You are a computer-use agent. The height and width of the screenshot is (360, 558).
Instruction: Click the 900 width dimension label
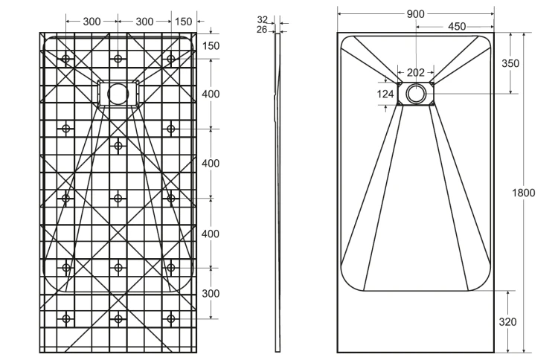coord(415,14)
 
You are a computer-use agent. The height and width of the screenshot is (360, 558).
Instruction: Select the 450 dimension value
coord(457,27)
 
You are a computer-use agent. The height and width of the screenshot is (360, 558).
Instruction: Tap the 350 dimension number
coord(510,63)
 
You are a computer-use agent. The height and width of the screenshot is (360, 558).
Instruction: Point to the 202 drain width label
coord(416,73)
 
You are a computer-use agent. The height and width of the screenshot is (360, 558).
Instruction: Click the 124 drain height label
coord(385,94)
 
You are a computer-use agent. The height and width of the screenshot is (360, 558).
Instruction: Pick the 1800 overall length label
coord(524,193)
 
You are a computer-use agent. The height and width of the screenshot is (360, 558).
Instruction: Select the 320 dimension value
coord(507,322)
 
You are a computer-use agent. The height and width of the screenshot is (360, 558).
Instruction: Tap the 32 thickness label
coord(263,19)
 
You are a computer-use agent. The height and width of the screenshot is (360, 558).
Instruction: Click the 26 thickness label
coord(262,30)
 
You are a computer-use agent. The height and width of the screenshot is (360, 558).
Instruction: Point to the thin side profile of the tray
coord(278,192)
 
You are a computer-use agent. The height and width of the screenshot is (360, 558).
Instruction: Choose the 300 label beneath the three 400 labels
coord(211,294)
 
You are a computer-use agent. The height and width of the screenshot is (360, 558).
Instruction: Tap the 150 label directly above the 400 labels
coord(211,46)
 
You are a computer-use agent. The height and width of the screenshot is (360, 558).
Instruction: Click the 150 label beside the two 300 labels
coord(183,22)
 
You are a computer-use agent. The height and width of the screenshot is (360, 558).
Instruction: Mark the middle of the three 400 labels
coord(211,164)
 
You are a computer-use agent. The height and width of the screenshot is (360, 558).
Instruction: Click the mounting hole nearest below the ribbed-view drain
coord(118,146)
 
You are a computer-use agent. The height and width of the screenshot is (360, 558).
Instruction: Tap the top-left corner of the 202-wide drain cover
coord(398,82)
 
